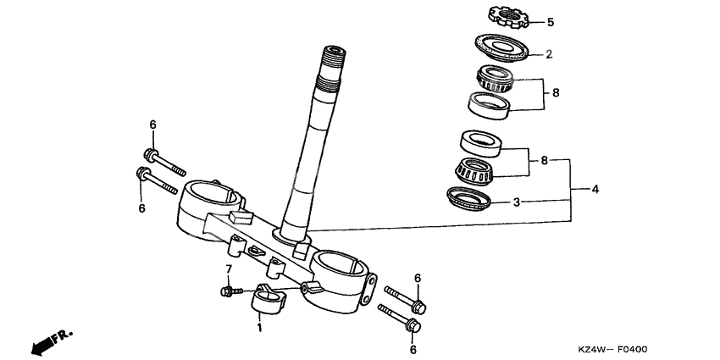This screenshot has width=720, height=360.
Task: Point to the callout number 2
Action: click(x=549, y=54)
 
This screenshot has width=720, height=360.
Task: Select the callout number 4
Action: click(x=595, y=189)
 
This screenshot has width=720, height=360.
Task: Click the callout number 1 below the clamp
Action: click(x=260, y=327)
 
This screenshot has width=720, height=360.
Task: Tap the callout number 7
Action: click(x=228, y=269)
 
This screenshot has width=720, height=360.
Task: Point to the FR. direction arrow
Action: click(x=50, y=341)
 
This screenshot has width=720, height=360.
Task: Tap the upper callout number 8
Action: click(x=556, y=92)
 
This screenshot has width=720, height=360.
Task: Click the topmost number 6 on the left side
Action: click(x=153, y=125)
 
